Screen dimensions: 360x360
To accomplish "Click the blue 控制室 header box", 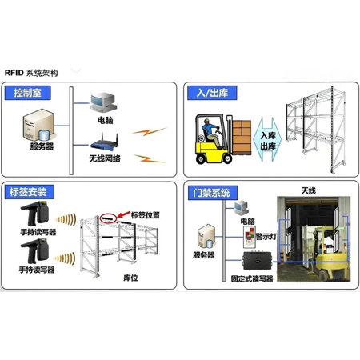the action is tap(28, 93).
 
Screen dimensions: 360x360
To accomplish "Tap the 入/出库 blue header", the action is tap(212, 93).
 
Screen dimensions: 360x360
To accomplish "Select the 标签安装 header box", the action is tap(30, 192).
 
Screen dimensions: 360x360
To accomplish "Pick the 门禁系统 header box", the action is tap(213, 193).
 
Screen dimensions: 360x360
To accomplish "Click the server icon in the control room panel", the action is tap(39, 125).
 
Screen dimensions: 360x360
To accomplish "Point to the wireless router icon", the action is tap(104, 142).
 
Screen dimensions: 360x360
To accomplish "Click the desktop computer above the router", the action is tap(103, 103).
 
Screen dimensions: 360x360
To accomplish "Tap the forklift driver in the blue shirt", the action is tap(212, 133).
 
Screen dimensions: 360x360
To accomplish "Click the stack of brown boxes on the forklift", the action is tap(242, 138).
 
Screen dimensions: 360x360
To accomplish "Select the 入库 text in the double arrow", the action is tap(268, 135).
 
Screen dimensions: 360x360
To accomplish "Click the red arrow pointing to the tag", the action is tap(123, 214).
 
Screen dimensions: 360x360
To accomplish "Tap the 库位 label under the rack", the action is tap(130, 278).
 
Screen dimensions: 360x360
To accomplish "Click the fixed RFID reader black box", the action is tap(257, 260).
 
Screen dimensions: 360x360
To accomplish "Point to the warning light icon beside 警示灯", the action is tap(250, 237).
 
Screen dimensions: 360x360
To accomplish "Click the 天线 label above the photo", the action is tap(309, 190).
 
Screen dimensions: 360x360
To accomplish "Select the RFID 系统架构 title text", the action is tap(31, 73).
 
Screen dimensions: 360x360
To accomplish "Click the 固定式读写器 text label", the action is tap(252, 278).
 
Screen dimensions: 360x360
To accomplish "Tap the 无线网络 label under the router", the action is tap(105, 158).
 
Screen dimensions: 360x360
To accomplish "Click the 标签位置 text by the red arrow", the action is tap(146, 215).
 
